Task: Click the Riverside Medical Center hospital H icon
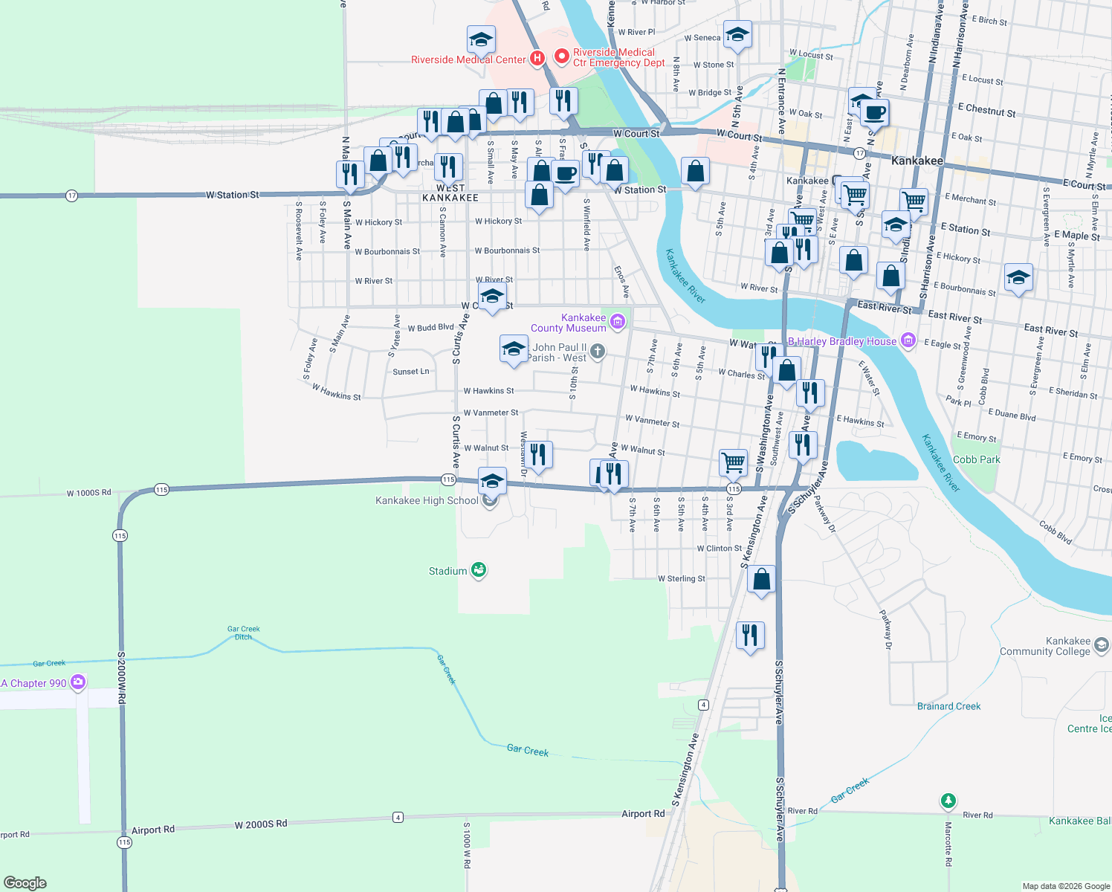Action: click(537, 58)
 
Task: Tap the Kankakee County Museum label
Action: click(569, 323)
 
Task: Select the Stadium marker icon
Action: click(479, 570)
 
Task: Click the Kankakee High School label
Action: click(427, 500)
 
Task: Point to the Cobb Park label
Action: click(976, 459)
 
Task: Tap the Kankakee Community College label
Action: click(1045, 646)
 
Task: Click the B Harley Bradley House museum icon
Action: click(908, 340)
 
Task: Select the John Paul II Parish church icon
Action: click(598, 351)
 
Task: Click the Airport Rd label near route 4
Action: click(643, 814)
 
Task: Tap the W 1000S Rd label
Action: click(88, 493)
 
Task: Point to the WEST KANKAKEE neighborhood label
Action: click(450, 193)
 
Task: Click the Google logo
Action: click(25, 882)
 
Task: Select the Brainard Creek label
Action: click(948, 706)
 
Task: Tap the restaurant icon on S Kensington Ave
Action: click(750, 636)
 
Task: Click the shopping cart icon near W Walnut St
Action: click(733, 462)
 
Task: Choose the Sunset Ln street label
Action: click(410, 372)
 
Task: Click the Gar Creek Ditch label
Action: click(243, 633)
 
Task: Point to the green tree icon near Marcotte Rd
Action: click(948, 801)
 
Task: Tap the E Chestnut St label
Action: click(986, 110)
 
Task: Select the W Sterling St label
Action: click(681, 578)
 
